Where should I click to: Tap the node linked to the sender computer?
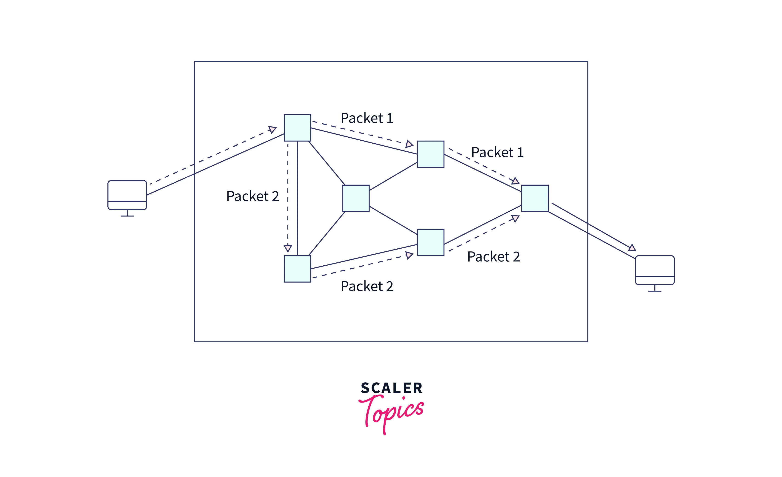[297, 128]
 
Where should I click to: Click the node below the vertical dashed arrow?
[297, 269]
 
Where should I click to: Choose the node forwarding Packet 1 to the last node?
[430, 154]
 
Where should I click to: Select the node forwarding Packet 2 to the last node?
[430, 242]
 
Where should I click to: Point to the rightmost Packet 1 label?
[497, 153]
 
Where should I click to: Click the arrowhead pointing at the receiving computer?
[632, 248]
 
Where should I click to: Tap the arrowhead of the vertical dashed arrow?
[288, 248]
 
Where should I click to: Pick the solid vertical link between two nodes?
[297, 198]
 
